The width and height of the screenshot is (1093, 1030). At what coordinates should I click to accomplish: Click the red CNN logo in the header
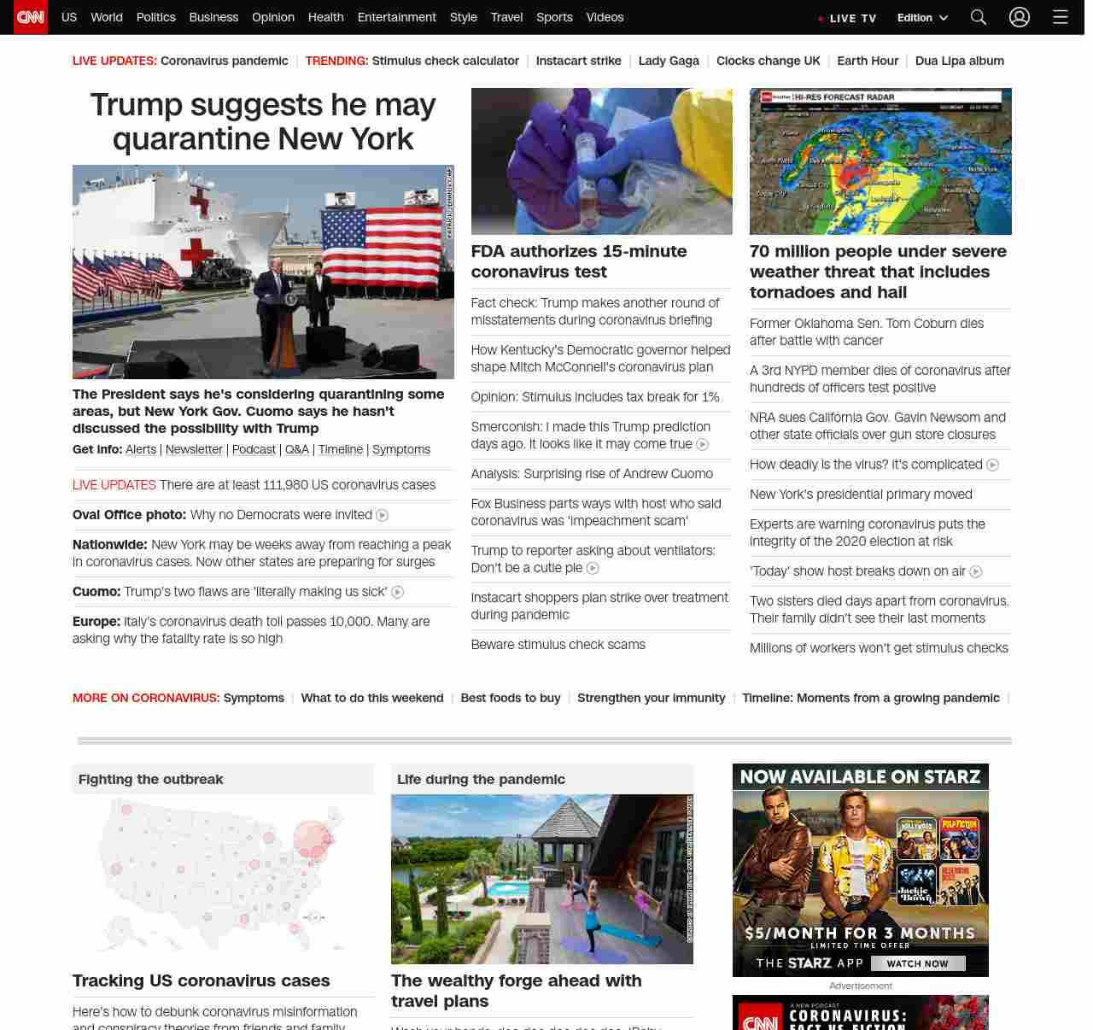(x=31, y=17)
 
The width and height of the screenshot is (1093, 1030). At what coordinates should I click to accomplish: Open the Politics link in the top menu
(x=155, y=17)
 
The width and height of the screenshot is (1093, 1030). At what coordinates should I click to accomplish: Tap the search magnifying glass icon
(x=979, y=17)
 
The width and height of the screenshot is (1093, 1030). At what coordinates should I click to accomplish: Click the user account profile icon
(x=1019, y=17)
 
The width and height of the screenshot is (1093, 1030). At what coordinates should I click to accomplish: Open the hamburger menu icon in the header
(x=1060, y=17)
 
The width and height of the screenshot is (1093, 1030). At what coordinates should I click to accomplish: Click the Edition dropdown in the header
(x=922, y=18)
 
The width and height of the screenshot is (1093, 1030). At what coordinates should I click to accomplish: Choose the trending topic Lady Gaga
(x=669, y=61)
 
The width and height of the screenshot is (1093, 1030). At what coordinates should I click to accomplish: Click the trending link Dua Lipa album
(x=959, y=61)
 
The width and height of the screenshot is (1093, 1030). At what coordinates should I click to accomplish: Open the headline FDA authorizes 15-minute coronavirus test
(x=579, y=261)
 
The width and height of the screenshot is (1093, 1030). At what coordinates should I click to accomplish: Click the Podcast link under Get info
(x=254, y=449)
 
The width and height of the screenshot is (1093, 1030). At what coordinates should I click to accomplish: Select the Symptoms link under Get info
(x=401, y=449)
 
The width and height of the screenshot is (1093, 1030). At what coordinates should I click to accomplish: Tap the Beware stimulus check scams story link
(x=558, y=645)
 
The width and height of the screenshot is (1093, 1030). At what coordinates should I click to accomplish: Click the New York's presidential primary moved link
(x=861, y=495)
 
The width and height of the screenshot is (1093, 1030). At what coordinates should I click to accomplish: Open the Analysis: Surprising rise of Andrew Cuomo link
(x=592, y=474)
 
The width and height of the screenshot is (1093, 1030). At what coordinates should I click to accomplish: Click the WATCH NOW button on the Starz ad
(x=917, y=963)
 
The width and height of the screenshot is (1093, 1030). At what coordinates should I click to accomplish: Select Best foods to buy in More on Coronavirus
(x=511, y=698)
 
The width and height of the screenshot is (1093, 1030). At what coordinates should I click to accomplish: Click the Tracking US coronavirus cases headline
(x=201, y=980)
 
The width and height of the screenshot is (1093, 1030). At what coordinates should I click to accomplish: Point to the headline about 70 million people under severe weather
(x=878, y=272)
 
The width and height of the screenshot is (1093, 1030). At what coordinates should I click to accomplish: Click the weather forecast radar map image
(x=880, y=161)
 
